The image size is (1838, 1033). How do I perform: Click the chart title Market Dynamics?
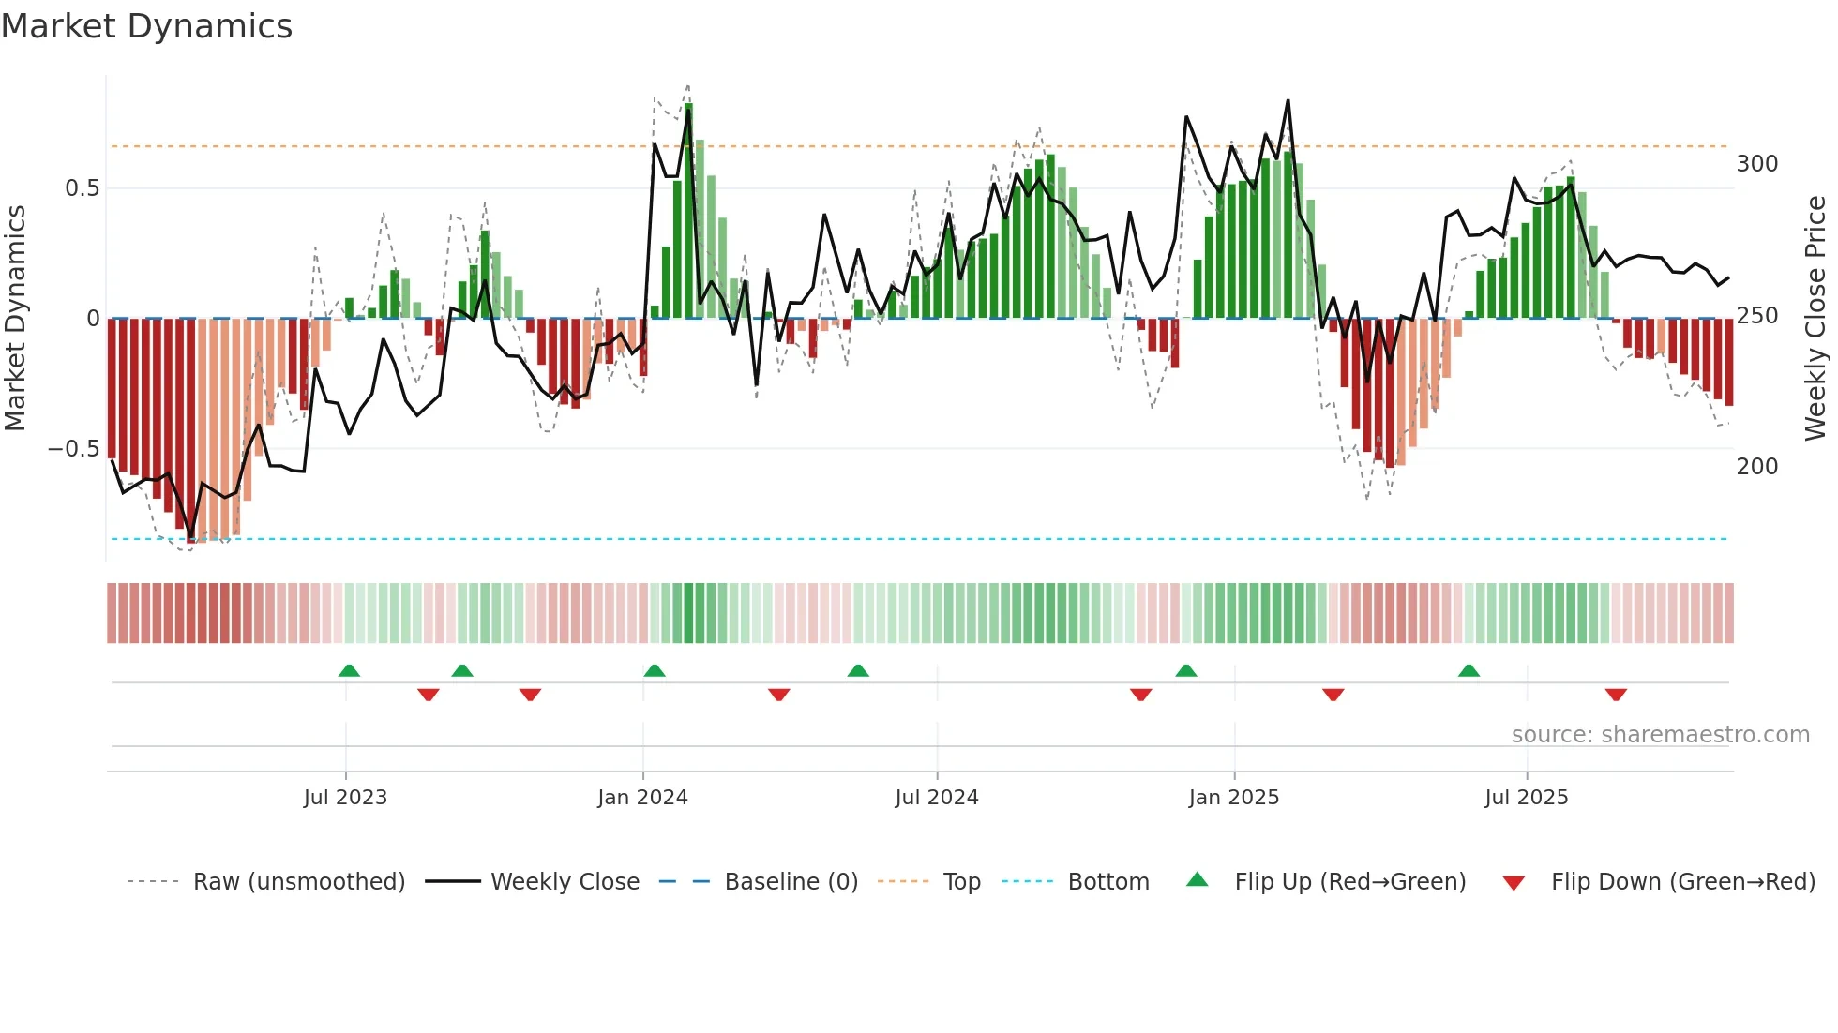pyautogui.click(x=147, y=26)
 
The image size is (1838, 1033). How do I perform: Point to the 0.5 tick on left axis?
pyautogui.click(x=82, y=188)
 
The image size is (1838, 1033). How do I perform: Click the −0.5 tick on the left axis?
pyautogui.click(x=73, y=449)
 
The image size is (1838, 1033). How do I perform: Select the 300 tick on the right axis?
pyautogui.click(x=1756, y=164)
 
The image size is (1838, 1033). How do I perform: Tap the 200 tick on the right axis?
pyautogui.click(x=1756, y=467)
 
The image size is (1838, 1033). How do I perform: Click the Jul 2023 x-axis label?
pyautogui.click(x=345, y=798)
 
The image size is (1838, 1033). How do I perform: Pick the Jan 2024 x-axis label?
pyautogui.click(x=642, y=798)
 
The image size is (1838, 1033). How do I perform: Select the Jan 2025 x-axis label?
pyautogui.click(x=1233, y=798)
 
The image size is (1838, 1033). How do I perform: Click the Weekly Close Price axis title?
pyautogui.click(x=1815, y=319)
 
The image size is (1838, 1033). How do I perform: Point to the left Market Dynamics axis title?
pyautogui.click(x=15, y=319)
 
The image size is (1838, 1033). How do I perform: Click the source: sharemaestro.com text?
pyautogui.click(x=1660, y=735)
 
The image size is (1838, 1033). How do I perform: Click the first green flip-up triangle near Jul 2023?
pyautogui.click(x=349, y=670)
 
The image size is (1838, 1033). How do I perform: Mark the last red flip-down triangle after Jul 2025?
pyautogui.click(x=1615, y=695)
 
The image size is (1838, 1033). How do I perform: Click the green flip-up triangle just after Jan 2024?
pyautogui.click(x=655, y=670)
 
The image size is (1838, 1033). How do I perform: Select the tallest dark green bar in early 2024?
pyautogui.click(x=688, y=211)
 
